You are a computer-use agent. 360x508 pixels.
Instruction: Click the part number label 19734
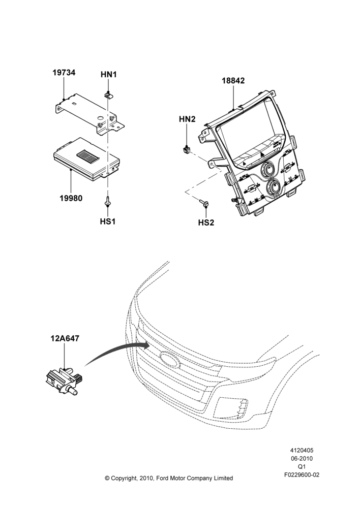point(64,73)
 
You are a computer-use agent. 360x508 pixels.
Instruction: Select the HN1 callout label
point(108,75)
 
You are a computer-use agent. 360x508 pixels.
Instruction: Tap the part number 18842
point(233,80)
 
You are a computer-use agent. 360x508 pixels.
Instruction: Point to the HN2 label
point(187,119)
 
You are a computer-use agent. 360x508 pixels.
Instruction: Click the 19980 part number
point(71,198)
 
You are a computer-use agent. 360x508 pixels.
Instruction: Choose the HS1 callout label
point(108,221)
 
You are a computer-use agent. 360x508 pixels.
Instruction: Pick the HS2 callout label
point(206,223)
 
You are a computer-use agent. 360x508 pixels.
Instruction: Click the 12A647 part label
point(65,338)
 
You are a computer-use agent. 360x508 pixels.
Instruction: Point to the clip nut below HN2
point(186,150)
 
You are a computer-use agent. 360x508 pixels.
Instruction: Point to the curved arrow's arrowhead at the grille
point(146,345)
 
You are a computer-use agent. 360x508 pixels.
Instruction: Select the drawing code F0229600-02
point(302,475)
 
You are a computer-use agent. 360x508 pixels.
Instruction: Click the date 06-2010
point(302,458)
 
